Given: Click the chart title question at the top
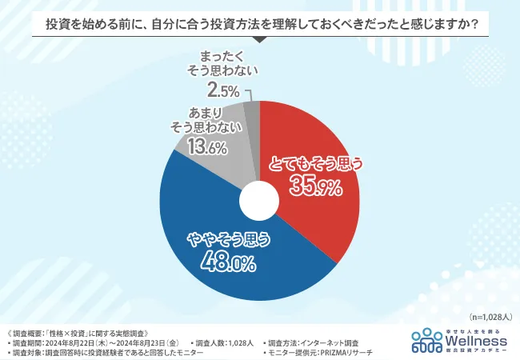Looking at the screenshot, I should pos(259,25).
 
